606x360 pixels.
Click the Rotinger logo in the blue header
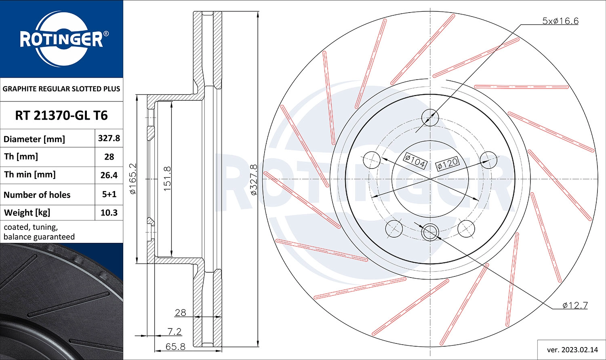(61, 39)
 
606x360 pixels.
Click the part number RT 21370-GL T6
(61, 116)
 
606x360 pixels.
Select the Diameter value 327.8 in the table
(109, 138)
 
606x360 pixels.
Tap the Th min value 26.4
(109, 175)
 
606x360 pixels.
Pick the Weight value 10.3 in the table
(109, 213)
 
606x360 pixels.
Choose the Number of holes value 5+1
(109, 194)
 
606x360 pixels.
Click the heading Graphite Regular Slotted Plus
(61, 89)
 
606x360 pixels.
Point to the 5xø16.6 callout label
(560, 21)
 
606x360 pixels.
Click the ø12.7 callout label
(575, 305)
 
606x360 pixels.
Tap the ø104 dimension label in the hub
(415, 161)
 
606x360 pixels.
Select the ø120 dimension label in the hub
(447, 164)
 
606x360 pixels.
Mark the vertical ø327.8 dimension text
(254, 179)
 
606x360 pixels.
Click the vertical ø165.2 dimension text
(133, 178)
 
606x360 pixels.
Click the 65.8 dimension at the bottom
(175, 346)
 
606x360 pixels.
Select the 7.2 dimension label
(174, 331)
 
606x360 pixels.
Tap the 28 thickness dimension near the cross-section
(180, 312)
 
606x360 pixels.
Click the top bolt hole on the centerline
(430, 118)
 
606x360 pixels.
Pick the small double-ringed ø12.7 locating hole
(430, 232)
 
